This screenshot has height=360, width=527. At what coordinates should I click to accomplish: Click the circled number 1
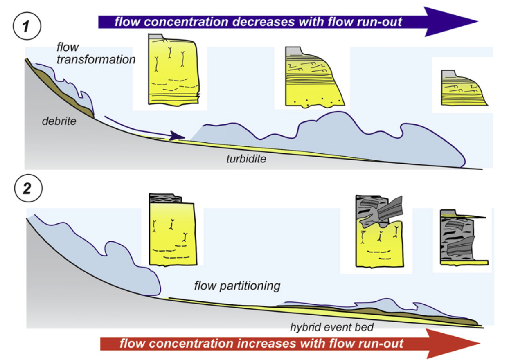27,26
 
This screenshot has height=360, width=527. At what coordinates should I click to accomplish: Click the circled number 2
28,188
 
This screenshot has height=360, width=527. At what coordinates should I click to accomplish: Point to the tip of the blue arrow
478,21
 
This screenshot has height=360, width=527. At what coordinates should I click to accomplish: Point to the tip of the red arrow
480,344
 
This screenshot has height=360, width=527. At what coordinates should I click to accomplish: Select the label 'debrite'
59,122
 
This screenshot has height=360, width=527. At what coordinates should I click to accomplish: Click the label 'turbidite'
246,159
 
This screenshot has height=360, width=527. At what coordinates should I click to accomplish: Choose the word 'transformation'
96,60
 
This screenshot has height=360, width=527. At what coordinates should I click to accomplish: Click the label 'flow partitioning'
237,286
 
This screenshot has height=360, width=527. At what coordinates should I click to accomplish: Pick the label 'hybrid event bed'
332,327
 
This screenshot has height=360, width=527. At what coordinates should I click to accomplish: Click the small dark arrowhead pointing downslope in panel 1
177,136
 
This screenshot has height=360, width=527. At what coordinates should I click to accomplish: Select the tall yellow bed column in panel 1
173,70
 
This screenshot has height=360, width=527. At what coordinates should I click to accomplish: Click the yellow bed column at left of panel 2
173,230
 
